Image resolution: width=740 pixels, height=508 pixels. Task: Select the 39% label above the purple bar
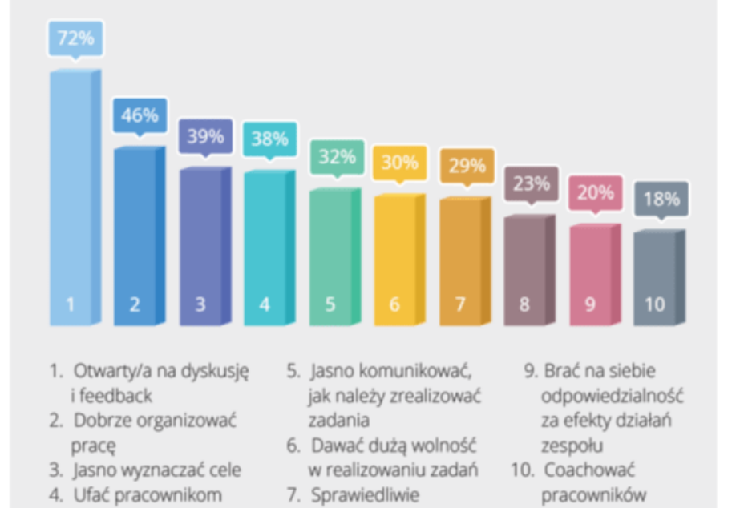205,136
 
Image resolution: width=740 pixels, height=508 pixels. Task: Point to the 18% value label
661,199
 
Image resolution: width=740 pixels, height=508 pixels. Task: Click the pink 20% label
596,193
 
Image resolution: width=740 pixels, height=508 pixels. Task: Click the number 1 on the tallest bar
71,304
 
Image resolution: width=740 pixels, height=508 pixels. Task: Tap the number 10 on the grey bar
654,304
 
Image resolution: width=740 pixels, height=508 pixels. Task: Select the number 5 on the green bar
330,304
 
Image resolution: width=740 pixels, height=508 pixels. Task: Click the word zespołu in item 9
572,445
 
